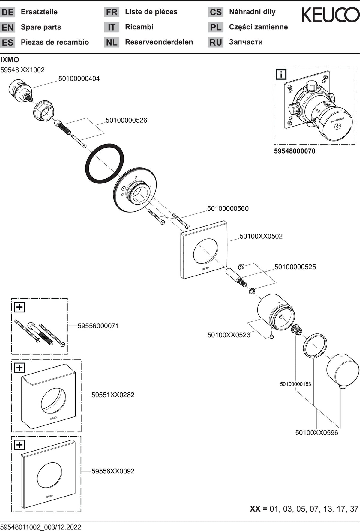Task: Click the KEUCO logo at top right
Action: [x=330, y=15]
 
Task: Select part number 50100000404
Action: [x=79, y=79]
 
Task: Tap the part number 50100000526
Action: [x=126, y=121]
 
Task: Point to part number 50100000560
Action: [x=228, y=209]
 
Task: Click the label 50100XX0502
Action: [x=261, y=236]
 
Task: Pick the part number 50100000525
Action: [x=295, y=267]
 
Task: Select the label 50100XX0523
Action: [x=229, y=335]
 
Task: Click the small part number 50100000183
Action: [x=295, y=384]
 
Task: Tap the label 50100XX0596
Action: [x=317, y=433]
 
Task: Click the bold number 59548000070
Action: [x=295, y=151]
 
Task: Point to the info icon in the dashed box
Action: [x=281, y=74]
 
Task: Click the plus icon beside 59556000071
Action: [x=19, y=307]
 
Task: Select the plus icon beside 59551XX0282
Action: [x=19, y=368]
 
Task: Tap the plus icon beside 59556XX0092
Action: [x=19, y=445]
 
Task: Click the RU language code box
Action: [x=216, y=42]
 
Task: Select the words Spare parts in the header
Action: [x=41, y=27]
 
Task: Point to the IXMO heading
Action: [x=10, y=60]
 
